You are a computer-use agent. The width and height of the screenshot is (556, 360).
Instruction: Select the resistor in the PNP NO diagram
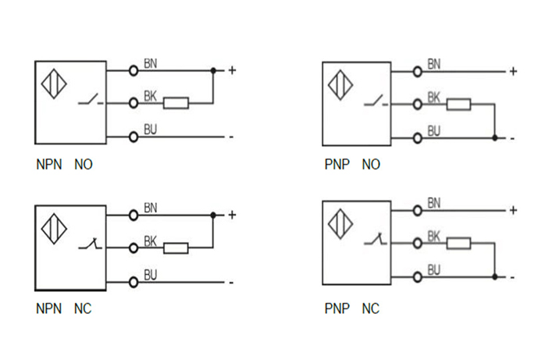(x=459, y=104)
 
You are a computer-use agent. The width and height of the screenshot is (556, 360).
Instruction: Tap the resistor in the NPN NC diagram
(x=176, y=248)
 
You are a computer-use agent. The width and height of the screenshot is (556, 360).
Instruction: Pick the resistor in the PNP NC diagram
(x=458, y=243)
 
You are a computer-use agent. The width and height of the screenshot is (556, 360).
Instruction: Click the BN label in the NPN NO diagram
(x=151, y=62)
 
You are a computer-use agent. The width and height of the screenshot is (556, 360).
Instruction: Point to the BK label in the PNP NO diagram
(x=434, y=98)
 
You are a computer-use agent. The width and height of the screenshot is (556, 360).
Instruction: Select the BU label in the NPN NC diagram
(x=151, y=275)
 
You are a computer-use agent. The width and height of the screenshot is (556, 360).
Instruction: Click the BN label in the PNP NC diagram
(x=434, y=203)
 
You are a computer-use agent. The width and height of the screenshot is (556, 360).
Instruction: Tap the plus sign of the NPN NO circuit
(x=232, y=70)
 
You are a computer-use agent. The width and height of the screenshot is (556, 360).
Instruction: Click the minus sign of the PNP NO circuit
(x=512, y=138)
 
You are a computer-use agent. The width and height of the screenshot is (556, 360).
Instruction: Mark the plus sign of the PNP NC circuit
(x=513, y=210)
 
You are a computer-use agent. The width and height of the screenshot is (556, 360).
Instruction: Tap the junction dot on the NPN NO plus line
(x=213, y=70)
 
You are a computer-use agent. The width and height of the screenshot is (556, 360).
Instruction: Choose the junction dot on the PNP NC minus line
(x=495, y=276)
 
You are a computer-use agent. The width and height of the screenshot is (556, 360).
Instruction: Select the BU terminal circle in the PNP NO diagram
(x=418, y=137)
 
